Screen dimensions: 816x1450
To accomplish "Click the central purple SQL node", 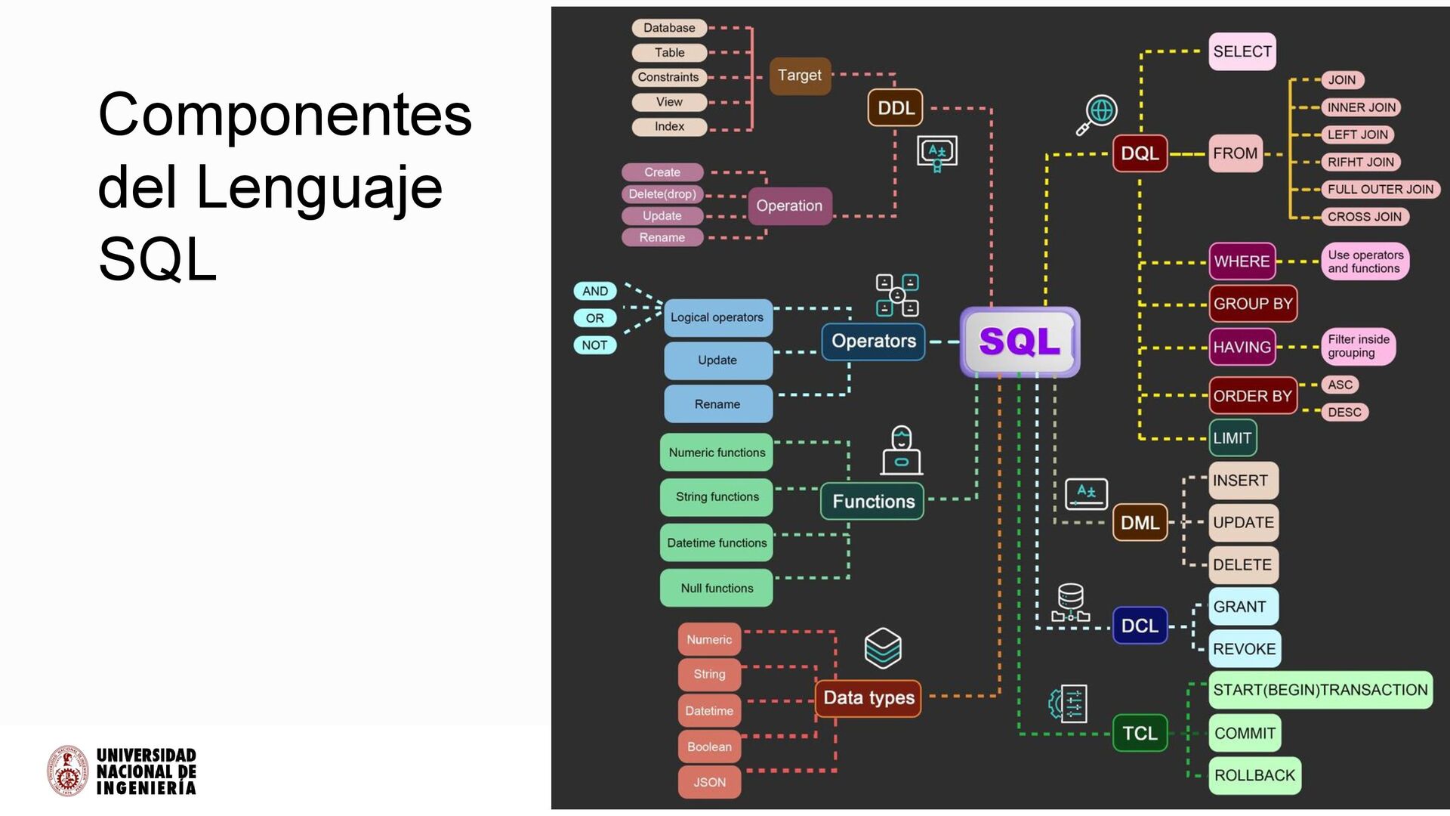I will (x=1020, y=342).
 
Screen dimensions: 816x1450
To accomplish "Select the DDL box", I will (x=896, y=108).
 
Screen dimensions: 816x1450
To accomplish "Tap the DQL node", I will (x=1140, y=153).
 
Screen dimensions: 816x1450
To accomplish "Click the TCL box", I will (x=1140, y=733).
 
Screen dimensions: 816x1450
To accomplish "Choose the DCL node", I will (x=1140, y=626).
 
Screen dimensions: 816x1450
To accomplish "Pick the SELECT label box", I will (x=1242, y=51).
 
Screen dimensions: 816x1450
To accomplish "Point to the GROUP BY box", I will (x=1253, y=304).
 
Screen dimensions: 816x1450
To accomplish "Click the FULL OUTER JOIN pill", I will (x=1380, y=190).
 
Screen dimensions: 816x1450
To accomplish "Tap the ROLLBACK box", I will (x=1254, y=775).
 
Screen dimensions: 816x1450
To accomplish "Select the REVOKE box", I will (x=1244, y=649).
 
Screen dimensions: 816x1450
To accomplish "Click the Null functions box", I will (x=717, y=588).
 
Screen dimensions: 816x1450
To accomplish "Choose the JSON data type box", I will (x=709, y=782).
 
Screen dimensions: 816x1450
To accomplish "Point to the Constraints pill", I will (x=668, y=77).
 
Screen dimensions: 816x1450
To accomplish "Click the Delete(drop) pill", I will (x=662, y=194).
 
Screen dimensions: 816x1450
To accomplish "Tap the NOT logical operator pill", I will (x=594, y=345).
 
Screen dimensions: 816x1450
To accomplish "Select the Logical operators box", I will (x=717, y=317).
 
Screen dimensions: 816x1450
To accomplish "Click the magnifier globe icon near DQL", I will (x=1097, y=114).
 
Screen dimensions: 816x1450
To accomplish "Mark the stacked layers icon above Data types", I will (x=883, y=648).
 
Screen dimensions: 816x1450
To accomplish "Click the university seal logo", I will (x=68, y=771).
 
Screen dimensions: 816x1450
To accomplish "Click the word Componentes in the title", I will (x=285, y=115).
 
